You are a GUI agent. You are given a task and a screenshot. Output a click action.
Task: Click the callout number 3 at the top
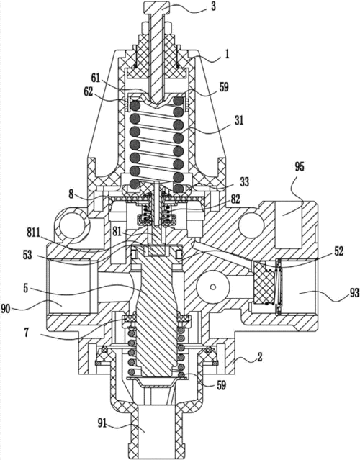[213, 6]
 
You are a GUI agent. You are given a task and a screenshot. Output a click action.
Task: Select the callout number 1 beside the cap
[227, 54]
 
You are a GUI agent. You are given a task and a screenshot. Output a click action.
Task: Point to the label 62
[88, 92]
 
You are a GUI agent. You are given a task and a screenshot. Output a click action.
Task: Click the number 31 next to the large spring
[239, 120]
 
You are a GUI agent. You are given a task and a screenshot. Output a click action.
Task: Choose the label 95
[299, 167]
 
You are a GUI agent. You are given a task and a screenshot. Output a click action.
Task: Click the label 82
[235, 199]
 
